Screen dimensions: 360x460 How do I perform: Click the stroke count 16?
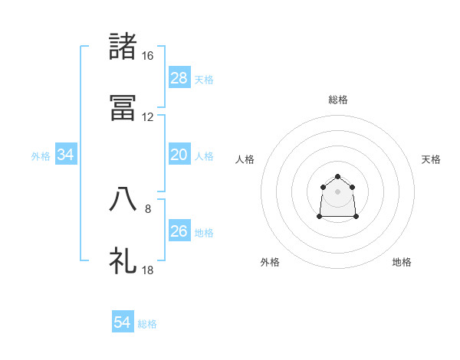pos(148,56)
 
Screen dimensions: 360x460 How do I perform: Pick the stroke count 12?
pos(148,117)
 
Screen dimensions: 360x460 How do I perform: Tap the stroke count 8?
pos(148,208)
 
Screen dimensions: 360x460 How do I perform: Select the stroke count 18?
pos(148,270)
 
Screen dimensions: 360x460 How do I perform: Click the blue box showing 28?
pos(179,78)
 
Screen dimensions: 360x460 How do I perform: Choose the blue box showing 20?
pos(179,155)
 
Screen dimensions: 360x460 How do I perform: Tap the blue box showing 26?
pos(179,231)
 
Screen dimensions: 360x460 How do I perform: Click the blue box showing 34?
pos(66,155)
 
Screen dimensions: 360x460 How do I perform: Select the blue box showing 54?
pos(122,323)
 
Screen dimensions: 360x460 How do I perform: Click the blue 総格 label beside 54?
pos(147,324)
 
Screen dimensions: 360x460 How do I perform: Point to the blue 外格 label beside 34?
pos(41,156)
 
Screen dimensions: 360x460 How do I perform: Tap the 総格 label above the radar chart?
pos(337,100)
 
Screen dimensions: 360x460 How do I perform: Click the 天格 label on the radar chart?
pos(431,159)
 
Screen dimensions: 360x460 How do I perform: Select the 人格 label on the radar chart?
pos(245,159)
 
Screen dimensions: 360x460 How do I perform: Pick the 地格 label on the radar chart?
pos(402,262)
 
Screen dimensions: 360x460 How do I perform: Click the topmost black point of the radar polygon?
pos(337,177)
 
